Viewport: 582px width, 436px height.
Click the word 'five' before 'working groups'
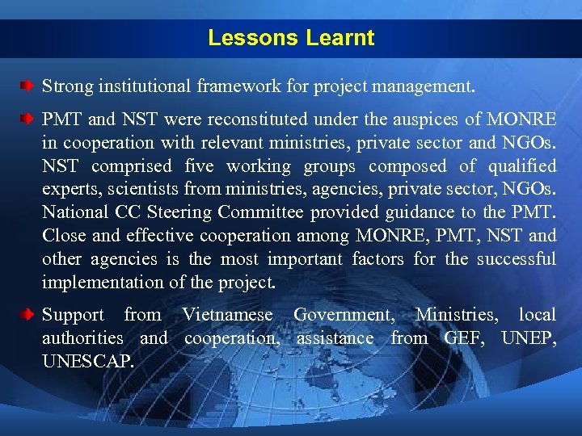tap(200, 167)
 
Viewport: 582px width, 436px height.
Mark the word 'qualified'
tap(519, 167)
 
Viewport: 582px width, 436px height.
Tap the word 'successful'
tap(516, 260)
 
